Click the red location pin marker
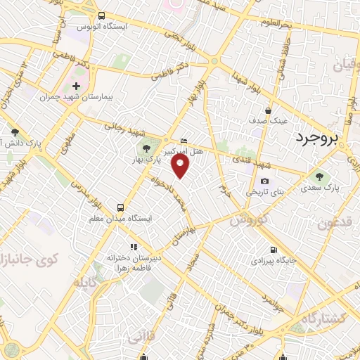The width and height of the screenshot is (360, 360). click(181, 165)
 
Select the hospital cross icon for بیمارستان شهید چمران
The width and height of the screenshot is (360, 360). click(77, 86)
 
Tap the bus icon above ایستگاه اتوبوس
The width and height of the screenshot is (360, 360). click(101, 15)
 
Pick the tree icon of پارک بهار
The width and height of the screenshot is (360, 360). click(146, 148)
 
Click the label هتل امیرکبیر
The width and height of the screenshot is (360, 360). click(184, 150)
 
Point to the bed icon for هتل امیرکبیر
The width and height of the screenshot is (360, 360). click(184, 141)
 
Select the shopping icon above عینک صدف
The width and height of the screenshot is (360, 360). click(268, 110)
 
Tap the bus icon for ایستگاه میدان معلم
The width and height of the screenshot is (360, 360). click(121, 207)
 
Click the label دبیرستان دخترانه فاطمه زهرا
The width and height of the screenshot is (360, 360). click(134, 263)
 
